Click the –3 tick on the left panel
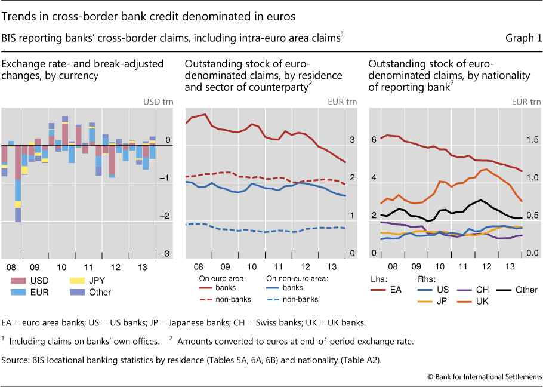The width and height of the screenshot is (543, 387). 166,254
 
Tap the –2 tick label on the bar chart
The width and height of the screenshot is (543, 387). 166,216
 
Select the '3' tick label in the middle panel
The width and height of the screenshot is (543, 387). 352,140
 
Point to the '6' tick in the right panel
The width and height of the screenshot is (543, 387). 374,140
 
